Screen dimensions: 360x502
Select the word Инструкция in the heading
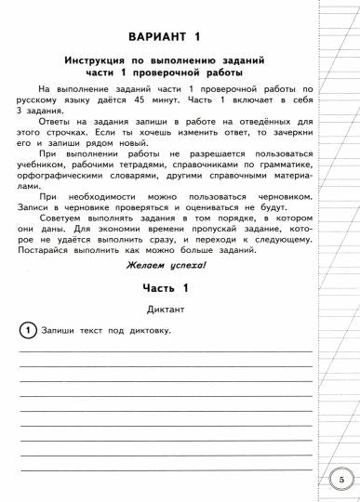tap(100, 59)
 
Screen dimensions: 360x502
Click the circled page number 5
tap(341, 481)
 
